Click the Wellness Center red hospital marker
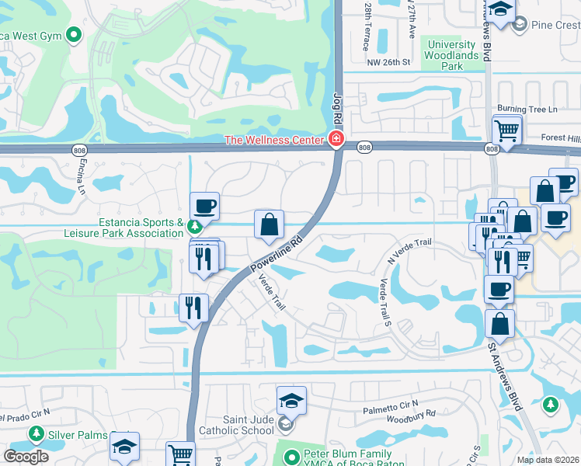(336, 140)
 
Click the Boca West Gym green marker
(75, 34)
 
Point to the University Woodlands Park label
(453, 55)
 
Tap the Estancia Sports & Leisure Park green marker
(194, 228)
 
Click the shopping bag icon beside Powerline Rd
(269, 224)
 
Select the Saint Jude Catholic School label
(248, 424)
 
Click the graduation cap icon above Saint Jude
(291, 401)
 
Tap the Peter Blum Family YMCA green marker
(291, 457)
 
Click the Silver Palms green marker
(36, 434)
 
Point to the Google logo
(26, 456)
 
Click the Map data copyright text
(548, 460)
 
